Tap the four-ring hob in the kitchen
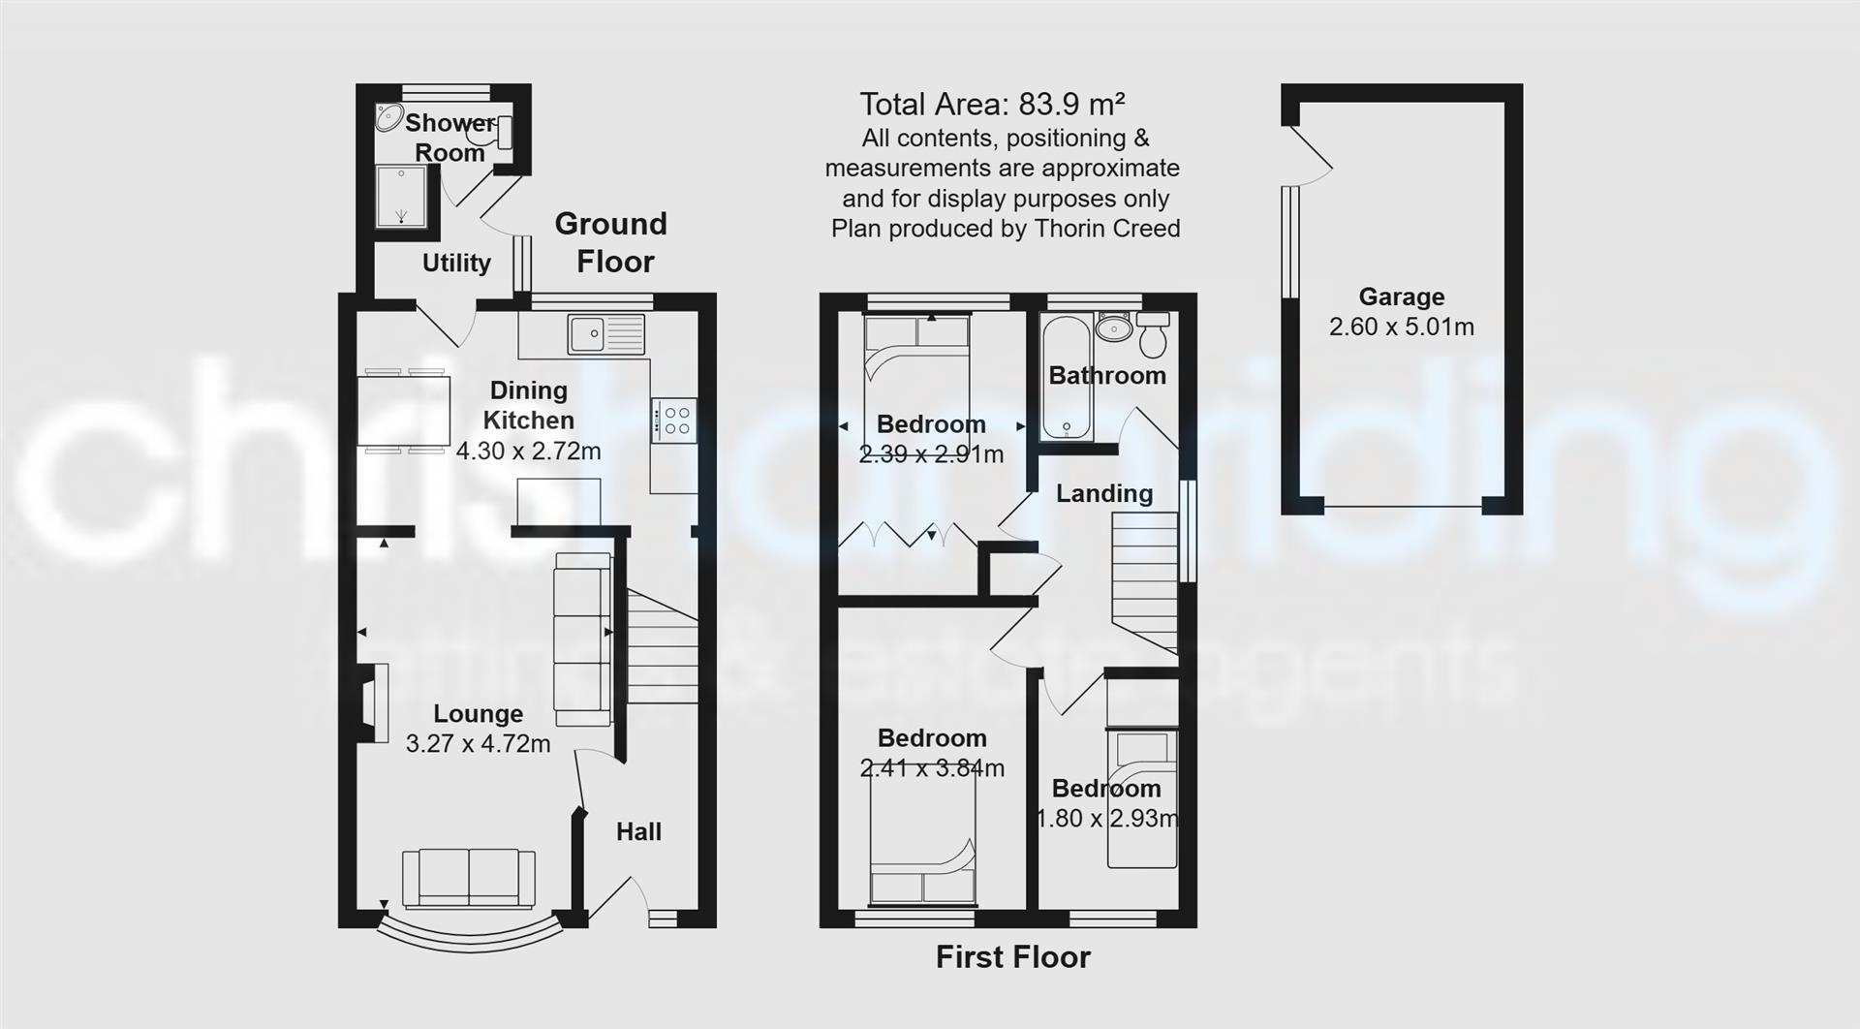pyautogui.click(x=673, y=421)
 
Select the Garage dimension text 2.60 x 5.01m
pyautogui.click(x=1401, y=327)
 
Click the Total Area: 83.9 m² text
pyautogui.click(x=992, y=104)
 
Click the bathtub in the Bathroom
pyautogui.click(x=1067, y=376)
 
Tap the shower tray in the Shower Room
pyautogui.click(x=401, y=197)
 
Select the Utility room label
pyautogui.click(x=456, y=263)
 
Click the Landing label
pyautogui.click(x=1103, y=493)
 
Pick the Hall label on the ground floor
pyautogui.click(x=638, y=831)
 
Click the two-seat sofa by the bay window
pyautogui.click(x=469, y=878)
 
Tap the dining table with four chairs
pyautogui.click(x=403, y=411)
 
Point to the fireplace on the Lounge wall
pyautogui.click(x=373, y=702)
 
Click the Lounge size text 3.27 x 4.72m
pyautogui.click(x=478, y=743)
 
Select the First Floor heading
pyautogui.click(x=1012, y=957)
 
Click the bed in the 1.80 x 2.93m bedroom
pyautogui.click(x=1142, y=798)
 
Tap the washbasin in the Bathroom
pyautogui.click(x=1114, y=328)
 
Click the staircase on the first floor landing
pyautogui.click(x=1144, y=581)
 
